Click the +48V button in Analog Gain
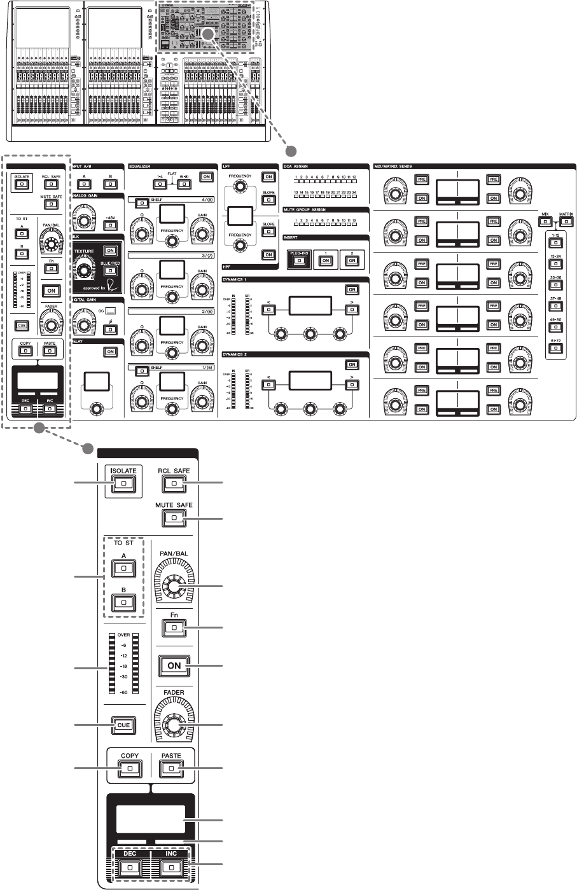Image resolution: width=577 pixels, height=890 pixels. click(109, 223)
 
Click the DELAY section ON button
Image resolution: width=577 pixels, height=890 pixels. click(110, 351)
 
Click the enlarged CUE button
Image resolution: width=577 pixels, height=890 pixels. click(124, 725)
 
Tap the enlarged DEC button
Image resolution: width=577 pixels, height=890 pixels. click(130, 866)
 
